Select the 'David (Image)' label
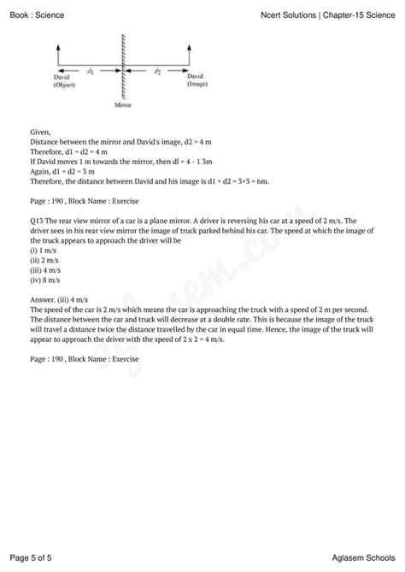tap(196, 81)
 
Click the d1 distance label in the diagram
tap(91, 73)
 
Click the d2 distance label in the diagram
tap(157, 73)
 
